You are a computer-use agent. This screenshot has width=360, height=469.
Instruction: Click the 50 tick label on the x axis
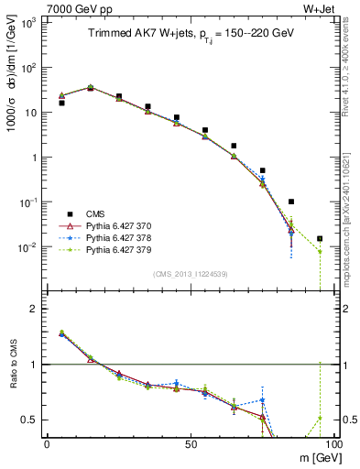pyautogui.click(x=191, y=443)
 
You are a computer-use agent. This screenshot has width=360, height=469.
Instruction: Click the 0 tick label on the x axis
pyautogui.click(x=47, y=443)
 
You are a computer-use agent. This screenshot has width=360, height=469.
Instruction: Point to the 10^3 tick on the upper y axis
pyautogui.click(x=27, y=22)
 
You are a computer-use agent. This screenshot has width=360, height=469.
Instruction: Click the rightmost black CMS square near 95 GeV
pyautogui.click(x=320, y=238)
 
